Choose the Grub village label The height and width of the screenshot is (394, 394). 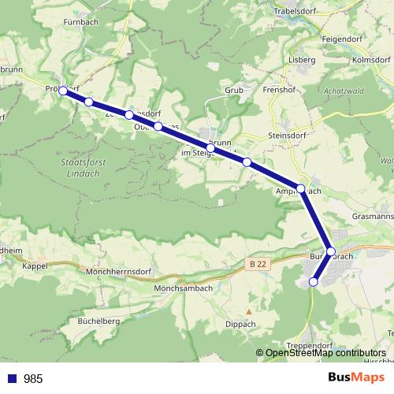234,90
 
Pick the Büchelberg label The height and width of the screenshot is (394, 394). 98,322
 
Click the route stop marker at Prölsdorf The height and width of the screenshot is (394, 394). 63,91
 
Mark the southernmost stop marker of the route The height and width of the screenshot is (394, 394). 313,281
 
